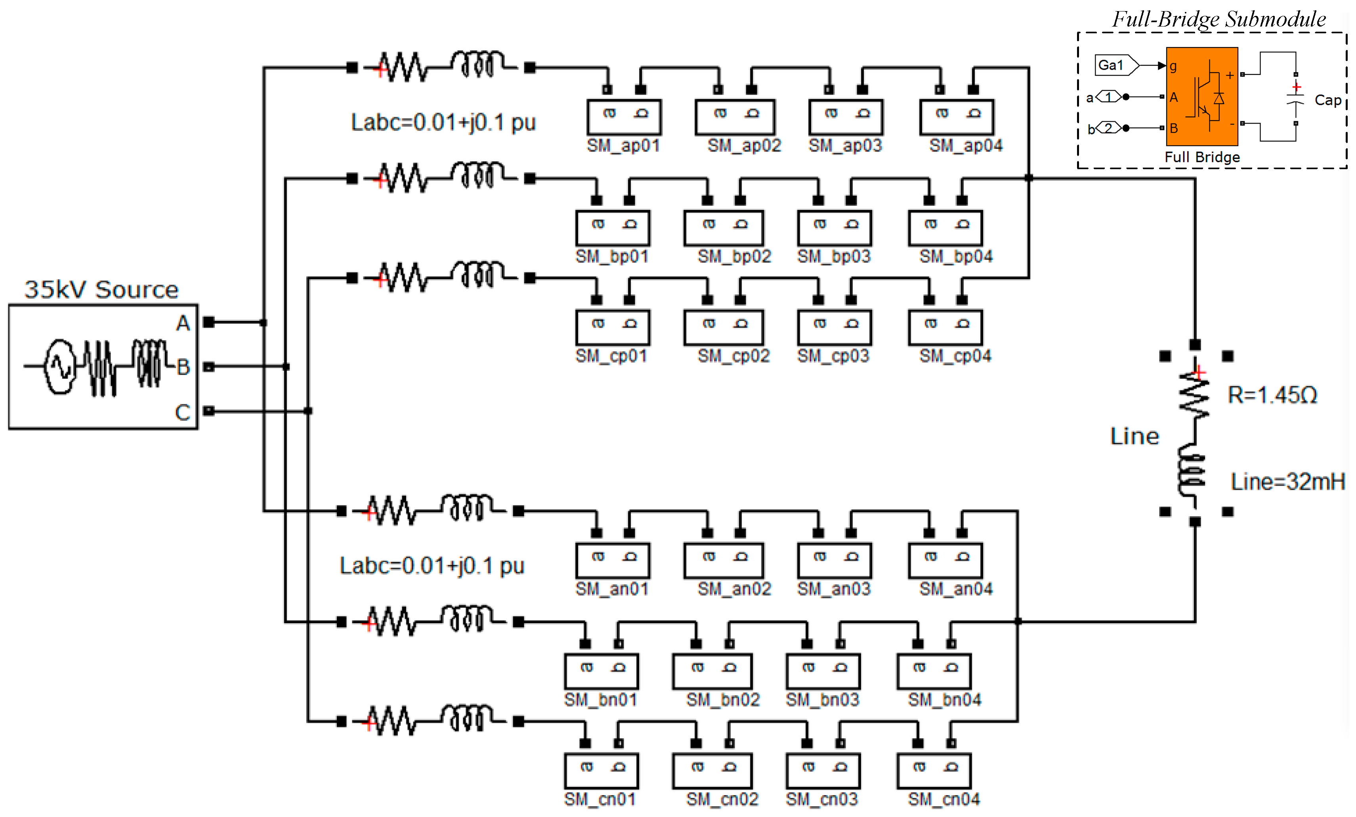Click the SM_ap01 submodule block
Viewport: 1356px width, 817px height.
click(x=624, y=117)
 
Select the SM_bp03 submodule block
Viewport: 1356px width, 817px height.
click(x=834, y=228)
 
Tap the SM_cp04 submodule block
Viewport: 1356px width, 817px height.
click(x=945, y=327)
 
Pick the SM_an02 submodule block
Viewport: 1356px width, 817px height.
click(x=723, y=561)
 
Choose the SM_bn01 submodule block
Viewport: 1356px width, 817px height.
click(x=601, y=671)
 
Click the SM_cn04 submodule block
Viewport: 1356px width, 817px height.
click(x=934, y=771)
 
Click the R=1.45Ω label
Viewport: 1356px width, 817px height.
click(x=1272, y=395)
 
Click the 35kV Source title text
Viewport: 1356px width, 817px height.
click(x=102, y=289)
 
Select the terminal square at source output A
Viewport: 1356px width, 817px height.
click(x=208, y=323)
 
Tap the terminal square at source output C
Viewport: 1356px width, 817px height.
click(x=208, y=411)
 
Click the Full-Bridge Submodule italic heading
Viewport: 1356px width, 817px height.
click(x=1218, y=19)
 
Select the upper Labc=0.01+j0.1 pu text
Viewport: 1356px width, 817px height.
click(x=443, y=122)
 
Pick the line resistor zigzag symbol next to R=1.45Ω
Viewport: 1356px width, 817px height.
click(x=1194, y=395)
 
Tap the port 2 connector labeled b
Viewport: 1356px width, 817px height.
click(x=1108, y=128)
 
